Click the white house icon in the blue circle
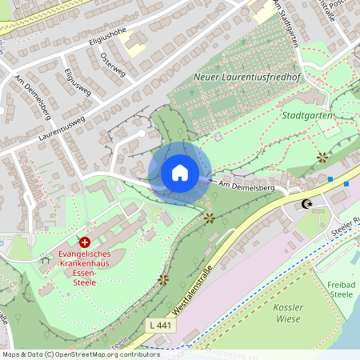pos(179,173)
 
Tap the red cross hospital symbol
pos(85,241)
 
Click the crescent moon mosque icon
pos(306,204)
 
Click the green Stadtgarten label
pos(308,115)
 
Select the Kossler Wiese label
pos(286,313)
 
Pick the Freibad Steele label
pos(341,290)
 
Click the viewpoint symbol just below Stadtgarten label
pos(322,156)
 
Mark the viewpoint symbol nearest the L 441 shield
pos(163,279)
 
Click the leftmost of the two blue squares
pos(330,179)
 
